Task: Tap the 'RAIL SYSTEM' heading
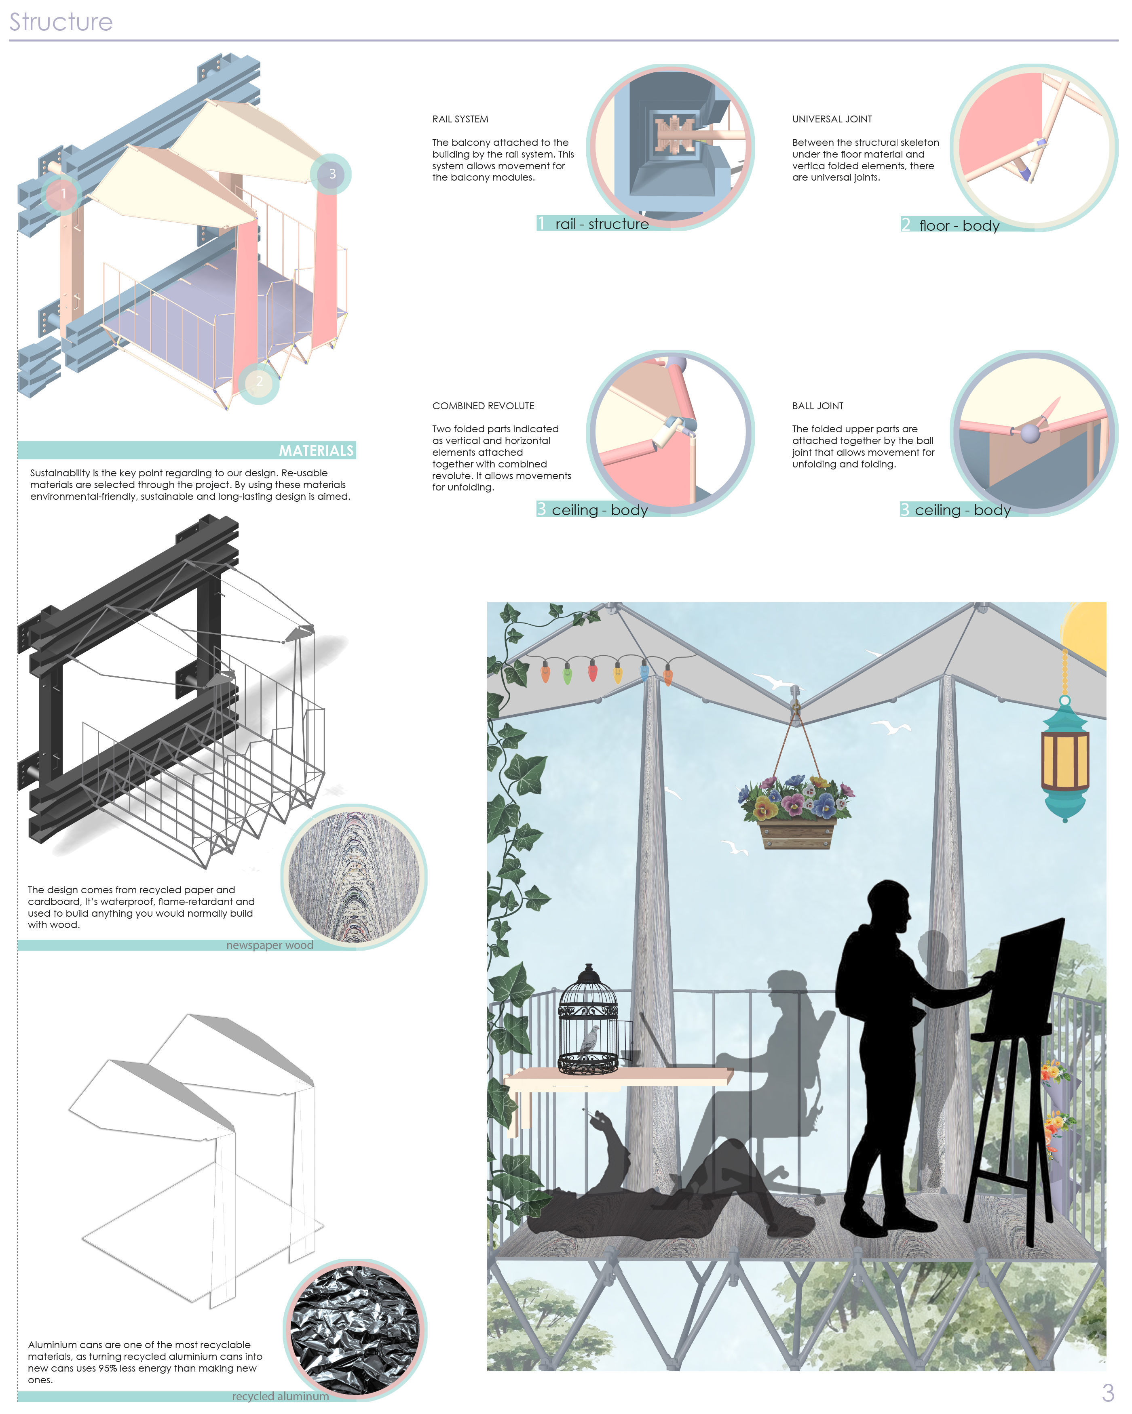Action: (460, 119)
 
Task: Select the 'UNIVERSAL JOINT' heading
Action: (832, 119)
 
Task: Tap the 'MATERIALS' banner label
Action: (316, 450)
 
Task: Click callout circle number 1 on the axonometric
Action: (62, 194)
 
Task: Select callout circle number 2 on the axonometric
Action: (259, 382)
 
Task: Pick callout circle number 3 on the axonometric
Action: (332, 174)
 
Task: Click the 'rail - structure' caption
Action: (601, 224)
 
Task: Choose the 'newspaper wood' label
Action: (270, 945)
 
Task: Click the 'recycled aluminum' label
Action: (280, 1396)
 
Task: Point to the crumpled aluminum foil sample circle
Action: (355, 1330)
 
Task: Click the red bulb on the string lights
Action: (593, 670)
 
